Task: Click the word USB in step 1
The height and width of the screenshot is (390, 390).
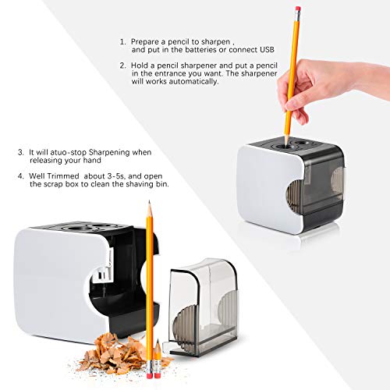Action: click(x=267, y=50)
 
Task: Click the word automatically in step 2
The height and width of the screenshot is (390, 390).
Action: click(x=193, y=81)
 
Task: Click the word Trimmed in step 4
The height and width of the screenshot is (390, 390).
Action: click(x=63, y=176)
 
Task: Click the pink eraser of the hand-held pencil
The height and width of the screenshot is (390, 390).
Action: click(x=298, y=9)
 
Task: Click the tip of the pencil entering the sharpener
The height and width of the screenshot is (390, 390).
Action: click(x=286, y=145)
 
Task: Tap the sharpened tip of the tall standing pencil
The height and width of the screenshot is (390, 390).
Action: click(x=149, y=201)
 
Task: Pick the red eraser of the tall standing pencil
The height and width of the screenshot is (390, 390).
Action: click(x=149, y=375)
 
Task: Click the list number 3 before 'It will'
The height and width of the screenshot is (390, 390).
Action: click(x=20, y=152)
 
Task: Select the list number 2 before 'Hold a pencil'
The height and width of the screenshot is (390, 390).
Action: click(x=122, y=66)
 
